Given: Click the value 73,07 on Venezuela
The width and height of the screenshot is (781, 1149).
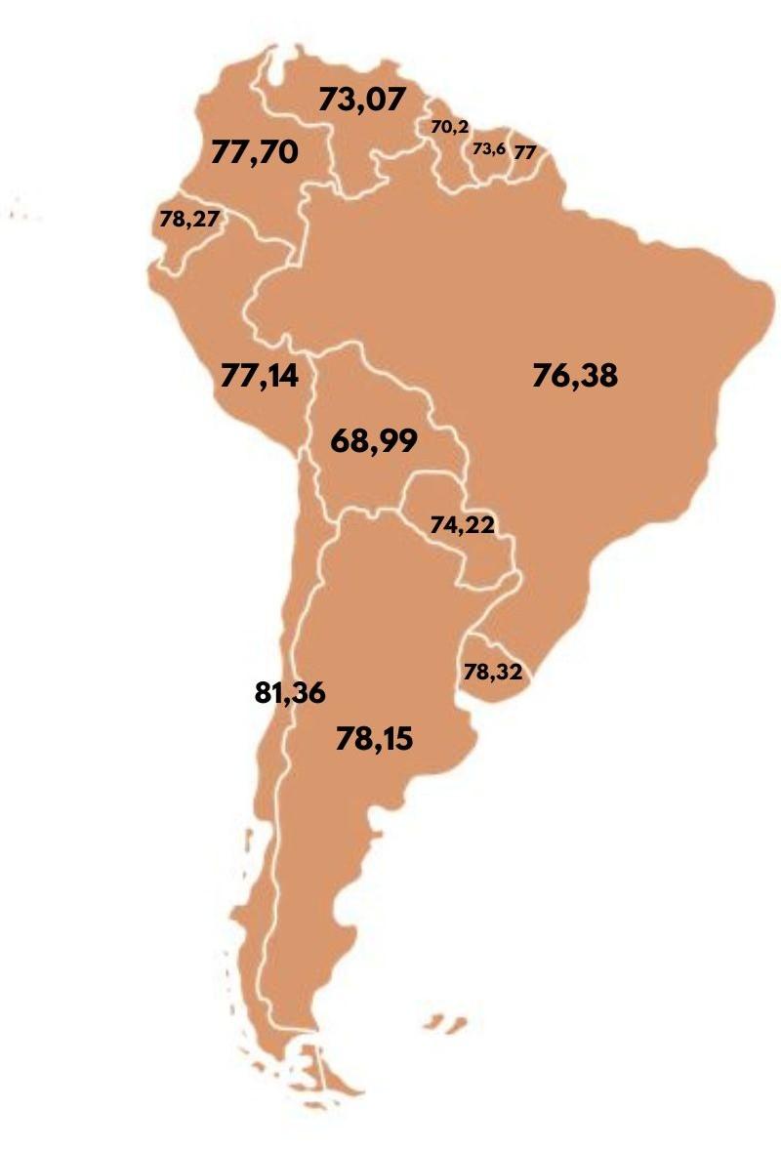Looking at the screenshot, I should (361, 100).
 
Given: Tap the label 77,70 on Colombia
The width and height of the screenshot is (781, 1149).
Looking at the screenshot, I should (255, 153).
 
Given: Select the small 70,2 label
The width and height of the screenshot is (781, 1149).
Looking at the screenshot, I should (450, 127).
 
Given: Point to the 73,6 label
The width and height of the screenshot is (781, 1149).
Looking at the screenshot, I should (489, 149).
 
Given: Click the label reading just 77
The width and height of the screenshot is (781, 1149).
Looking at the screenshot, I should (524, 152).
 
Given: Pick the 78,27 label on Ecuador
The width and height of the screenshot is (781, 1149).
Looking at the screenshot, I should (189, 221).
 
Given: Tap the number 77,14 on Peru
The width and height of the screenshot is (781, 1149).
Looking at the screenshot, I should (260, 376).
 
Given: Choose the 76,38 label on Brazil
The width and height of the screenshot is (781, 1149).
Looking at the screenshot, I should (575, 376).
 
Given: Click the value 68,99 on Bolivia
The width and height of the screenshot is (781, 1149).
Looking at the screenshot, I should (374, 441).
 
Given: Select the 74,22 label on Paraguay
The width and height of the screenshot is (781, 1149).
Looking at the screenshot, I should (463, 525).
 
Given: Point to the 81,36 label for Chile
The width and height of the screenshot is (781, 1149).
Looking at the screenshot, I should (289, 694).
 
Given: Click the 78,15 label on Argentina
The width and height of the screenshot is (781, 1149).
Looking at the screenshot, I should (374, 739).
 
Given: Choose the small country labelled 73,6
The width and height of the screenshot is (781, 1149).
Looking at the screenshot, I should (491, 166).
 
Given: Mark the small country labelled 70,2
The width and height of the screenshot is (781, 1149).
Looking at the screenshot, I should (455, 156).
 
